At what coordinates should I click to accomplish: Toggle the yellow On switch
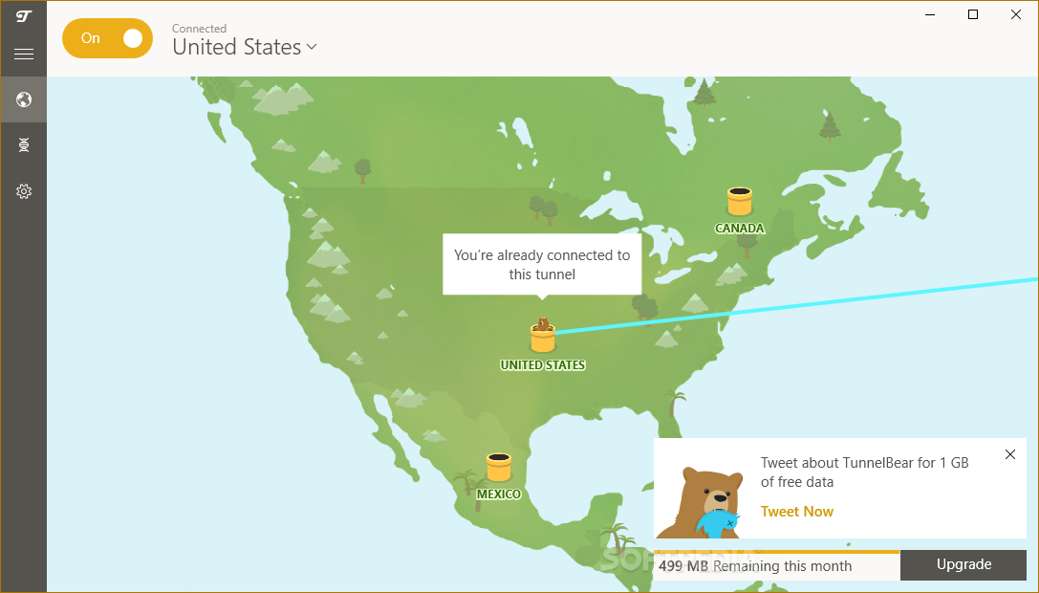[x=107, y=38]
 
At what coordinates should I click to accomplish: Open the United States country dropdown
[x=245, y=47]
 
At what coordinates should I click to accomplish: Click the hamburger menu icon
[x=24, y=55]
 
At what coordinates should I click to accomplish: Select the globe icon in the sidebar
[x=24, y=99]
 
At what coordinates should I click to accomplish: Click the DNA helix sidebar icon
[x=24, y=145]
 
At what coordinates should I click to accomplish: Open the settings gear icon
[x=24, y=191]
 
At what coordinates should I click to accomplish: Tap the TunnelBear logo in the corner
[x=24, y=15]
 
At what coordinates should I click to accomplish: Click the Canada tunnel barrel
[x=739, y=202]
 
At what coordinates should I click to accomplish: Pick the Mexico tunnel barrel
[x=498, y=468]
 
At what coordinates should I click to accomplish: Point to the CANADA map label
[x=740, y=229]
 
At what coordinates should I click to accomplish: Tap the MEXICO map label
[x=499, y=494]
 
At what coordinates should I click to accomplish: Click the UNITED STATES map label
[x=543, y=365]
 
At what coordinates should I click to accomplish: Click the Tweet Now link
[x=797, y=512]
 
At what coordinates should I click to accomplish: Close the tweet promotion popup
[x=1010, y=454]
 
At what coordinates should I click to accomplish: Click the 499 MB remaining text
[x=755, y=566]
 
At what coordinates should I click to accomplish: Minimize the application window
[x=930, y=14]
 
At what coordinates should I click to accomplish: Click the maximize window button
[x=973, y=14]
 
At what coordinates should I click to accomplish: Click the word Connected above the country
[x=199, y=29]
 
